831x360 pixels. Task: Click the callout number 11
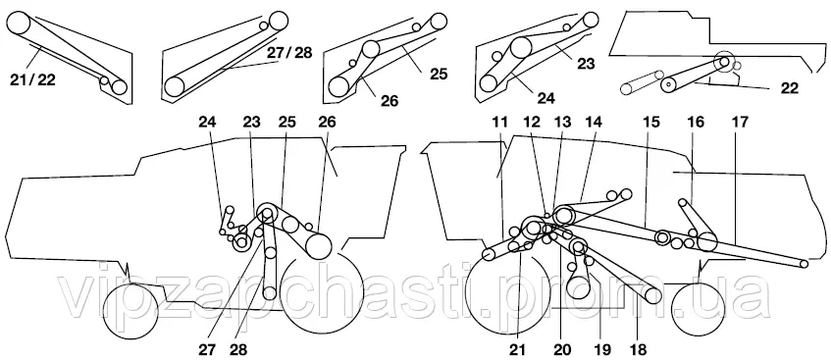(x=499, y=123)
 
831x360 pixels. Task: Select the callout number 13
(x=562, y=123)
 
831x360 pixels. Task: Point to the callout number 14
(x=595, y=123)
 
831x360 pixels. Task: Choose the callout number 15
(x=650, y=123)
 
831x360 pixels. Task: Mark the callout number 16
(x=696, y=123)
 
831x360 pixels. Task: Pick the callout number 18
(x=638, y=349)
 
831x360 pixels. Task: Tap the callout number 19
(x=602, y=349)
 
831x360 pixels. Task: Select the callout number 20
(x=562, y=349)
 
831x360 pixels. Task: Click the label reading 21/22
(x=32, y=80)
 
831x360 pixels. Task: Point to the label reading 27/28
(x=289, y=53)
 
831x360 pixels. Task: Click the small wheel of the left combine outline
(x=130, y=311)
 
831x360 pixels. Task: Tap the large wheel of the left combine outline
(x=321, y=292)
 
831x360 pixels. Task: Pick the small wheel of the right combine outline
(x=698, y=310)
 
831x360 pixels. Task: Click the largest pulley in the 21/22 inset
(x=18, y=25)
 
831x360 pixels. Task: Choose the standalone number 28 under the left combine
(x=238, y=349)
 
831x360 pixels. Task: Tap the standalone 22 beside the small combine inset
(x=789, y=88)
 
